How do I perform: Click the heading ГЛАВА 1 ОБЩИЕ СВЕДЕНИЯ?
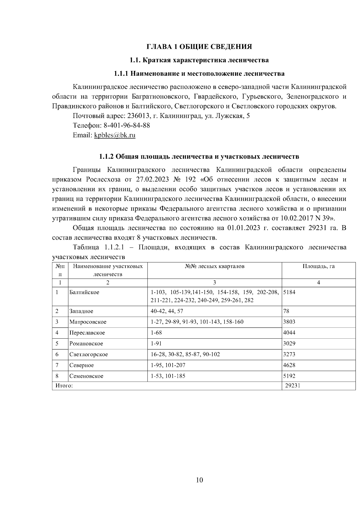(x=199, y=47)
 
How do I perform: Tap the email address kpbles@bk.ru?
(x=115, y=135)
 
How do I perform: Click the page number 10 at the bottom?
(x=199, y=480)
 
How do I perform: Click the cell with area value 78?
(x=286, y=311)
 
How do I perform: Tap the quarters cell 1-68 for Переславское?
(x=156, y=333)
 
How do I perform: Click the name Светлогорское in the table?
(x=88, y=354)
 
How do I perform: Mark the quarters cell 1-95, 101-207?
(x=168, y=365)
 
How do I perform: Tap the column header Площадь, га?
(x=318, y=267)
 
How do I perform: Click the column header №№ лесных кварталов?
(x=214, y=267)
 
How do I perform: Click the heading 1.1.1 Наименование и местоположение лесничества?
(x=199, y=74)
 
